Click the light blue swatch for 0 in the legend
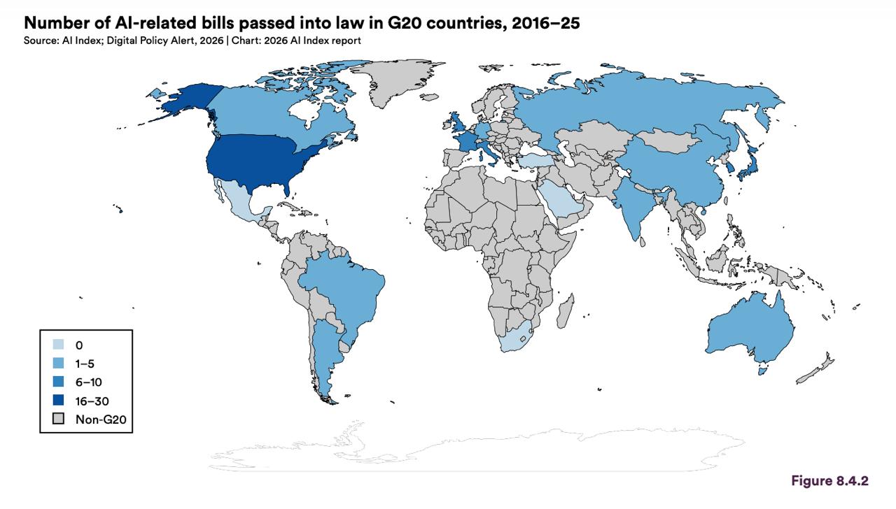pos(58,345)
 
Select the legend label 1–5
pos(85,364)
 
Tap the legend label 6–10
pos(89,382)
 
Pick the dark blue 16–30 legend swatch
pos(58,400)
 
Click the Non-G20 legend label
pos(101,420)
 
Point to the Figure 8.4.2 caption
pos(830,480)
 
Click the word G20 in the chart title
pos(403,23)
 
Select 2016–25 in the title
pos(545,23)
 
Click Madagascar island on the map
pos(565,312)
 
